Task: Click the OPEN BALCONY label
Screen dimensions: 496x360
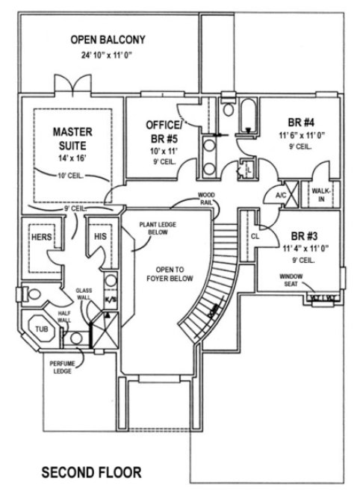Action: (108, 40)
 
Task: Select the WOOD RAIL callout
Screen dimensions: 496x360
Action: (207, 197)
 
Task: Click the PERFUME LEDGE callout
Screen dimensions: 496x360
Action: (62, 367)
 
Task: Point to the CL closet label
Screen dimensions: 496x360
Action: (254, 235)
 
